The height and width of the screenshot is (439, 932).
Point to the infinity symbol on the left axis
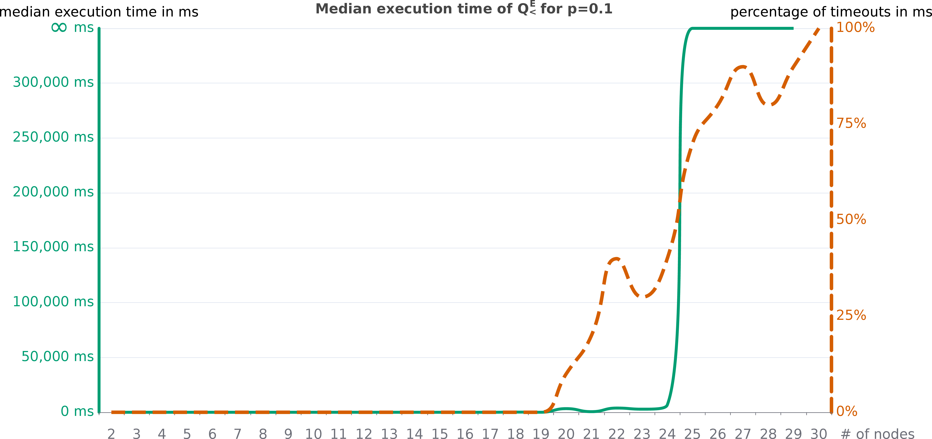59,28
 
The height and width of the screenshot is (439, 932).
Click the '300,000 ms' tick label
53,82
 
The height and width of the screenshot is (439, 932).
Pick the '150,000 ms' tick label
53,247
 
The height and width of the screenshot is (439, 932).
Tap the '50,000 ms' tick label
58,356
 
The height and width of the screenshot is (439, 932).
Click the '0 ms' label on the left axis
77,411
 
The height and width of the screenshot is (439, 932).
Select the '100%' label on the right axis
855,28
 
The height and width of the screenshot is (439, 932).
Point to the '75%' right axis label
851,124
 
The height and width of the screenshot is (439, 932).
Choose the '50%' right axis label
851,219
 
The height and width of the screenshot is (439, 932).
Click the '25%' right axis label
851,315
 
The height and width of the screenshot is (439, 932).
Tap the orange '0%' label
847,411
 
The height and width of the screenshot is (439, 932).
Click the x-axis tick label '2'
111,434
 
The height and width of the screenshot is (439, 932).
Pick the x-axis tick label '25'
692,434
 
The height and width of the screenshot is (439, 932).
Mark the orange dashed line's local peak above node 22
616,259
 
